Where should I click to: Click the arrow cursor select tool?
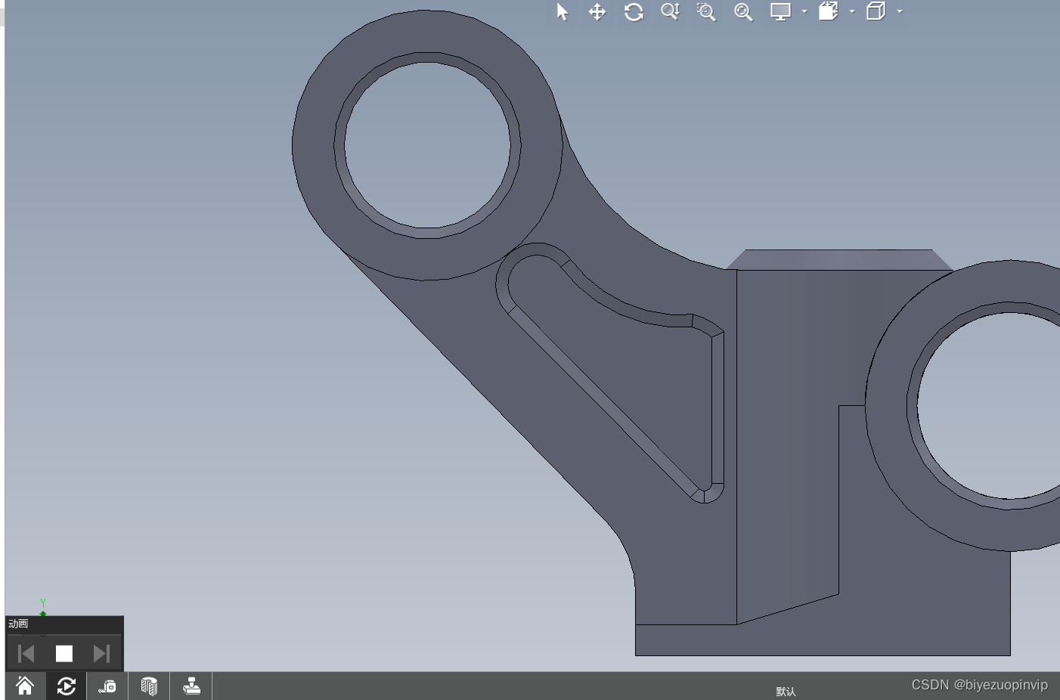click(562, 12)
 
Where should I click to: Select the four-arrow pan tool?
click(597, 12)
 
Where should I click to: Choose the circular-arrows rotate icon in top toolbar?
click(634, 12)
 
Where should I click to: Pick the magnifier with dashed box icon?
click(706, 12)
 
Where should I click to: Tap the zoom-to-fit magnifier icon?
click(743, 12)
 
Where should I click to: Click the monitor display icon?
click(780, 12)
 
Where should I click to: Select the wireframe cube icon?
click(876, 11)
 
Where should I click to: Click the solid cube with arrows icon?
click(829, 11)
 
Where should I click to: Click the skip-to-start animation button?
click(26, 654)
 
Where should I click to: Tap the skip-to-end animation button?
click(102, 654)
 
